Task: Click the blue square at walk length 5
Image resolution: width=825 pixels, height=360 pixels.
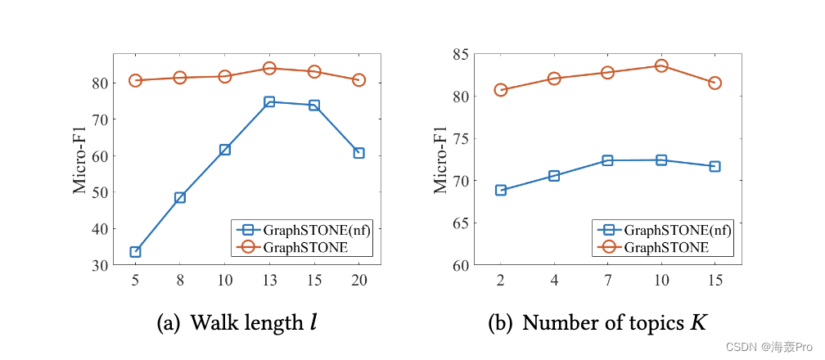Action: click(135, 252)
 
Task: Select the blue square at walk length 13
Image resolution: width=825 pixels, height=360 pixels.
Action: click(269, 102)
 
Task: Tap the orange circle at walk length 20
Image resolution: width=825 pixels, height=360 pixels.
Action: click(358, 80)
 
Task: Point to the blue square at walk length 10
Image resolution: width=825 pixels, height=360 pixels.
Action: click(224, 150)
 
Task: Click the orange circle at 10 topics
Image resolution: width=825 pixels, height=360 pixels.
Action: click(661, 65)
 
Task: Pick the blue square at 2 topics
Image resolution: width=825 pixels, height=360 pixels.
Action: click(501, 191)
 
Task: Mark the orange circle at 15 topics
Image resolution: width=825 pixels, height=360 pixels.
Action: click(715, 83)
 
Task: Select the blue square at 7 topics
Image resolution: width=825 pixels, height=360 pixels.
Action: click(607, 160)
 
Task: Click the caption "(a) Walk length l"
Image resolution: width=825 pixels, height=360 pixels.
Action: click(237, 324)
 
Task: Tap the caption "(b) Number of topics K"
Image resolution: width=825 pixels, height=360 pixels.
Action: click(597, 324)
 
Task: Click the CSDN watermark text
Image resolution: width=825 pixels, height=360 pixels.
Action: click(778, 347)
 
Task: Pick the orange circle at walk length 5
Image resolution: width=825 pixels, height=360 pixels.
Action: click(135, 80)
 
